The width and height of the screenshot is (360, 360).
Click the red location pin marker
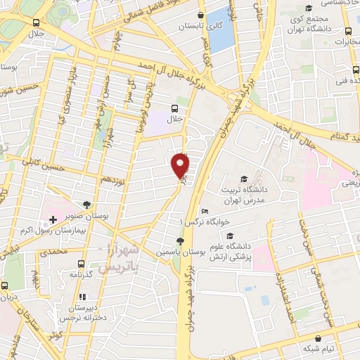click(181, 165)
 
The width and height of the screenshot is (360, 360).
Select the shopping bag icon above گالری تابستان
click(201, 13)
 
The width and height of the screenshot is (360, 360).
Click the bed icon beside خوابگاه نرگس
click(204, 211)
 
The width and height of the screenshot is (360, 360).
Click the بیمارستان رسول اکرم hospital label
click(65, 230)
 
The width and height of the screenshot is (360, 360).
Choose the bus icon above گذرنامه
click(82, 264)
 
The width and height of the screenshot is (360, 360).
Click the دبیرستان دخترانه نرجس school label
click(77, 314)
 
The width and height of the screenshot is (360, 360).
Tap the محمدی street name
click(53, 251)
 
